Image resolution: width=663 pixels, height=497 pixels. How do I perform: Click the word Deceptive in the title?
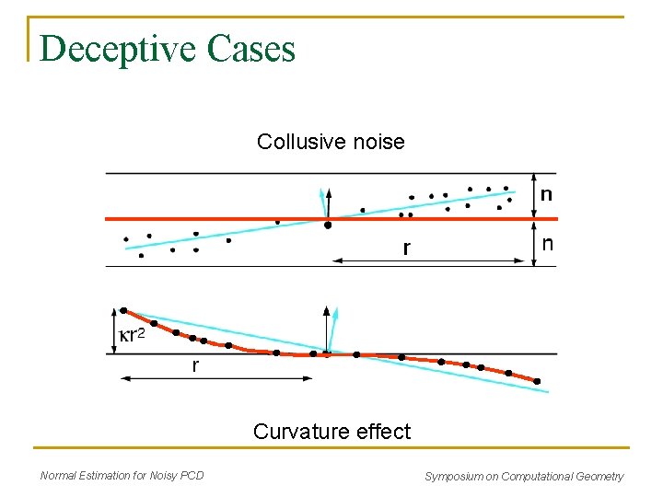click(119, 49)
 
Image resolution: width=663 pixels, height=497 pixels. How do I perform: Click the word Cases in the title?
click(251, 49)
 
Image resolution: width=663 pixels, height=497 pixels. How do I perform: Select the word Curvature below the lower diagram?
click(298, 432)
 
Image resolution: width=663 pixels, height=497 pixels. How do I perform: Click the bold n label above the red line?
click(547, 195)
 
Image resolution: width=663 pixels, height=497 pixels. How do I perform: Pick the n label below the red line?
click(547, 244)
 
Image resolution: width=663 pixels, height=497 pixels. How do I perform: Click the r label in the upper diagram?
click(406, 248)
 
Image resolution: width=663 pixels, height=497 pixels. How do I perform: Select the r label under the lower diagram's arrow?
click(194, 366)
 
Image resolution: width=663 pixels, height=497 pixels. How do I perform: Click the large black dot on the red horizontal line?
click(328, 224)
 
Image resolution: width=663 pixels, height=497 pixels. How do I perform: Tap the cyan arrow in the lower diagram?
click(334, 327)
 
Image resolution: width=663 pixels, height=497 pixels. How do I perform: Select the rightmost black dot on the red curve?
click(537, 381)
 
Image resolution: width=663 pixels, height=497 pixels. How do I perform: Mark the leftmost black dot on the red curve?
click(125, 311)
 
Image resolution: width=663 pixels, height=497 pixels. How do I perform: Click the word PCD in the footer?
click(192, 476)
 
